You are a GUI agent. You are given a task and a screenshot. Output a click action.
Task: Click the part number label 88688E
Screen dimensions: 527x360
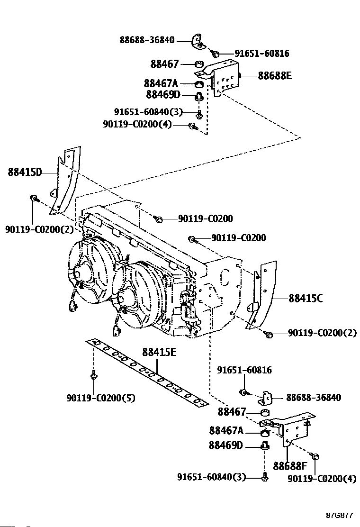[x=275, y=75]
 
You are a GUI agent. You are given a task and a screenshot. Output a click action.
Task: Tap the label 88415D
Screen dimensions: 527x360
[x=25, y=172]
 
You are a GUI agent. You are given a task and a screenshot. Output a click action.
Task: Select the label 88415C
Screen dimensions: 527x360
[x=306, y=298]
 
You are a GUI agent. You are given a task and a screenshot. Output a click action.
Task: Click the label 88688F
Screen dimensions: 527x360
[x=289, y=466]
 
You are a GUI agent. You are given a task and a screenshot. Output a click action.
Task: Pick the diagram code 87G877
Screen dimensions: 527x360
[x=339, y=515]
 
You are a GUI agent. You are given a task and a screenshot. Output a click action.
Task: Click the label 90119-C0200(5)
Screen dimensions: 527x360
[x=100, y=398]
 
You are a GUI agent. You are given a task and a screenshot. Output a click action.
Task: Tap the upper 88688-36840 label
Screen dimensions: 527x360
[x=147, y=40]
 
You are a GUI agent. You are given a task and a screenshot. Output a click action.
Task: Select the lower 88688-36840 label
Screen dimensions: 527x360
[x=313, y=398]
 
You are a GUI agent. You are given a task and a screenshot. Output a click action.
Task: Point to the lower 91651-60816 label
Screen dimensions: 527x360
[x=244, y=370]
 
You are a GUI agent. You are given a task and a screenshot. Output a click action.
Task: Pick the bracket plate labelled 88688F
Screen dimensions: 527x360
[x=296, y=429]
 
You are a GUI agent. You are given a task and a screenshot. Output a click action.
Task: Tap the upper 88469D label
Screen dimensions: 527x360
[x=163, y=95]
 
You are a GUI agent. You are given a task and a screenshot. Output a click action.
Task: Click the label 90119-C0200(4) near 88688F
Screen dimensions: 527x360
[x=322, y=479]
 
